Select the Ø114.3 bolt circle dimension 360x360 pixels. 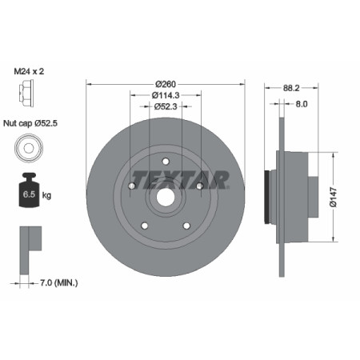coord(165,95)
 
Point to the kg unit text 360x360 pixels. coord(47,194)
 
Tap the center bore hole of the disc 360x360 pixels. coord(166,198)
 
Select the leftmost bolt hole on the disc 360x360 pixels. coord(132,186)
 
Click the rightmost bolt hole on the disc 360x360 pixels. coord(199,186)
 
